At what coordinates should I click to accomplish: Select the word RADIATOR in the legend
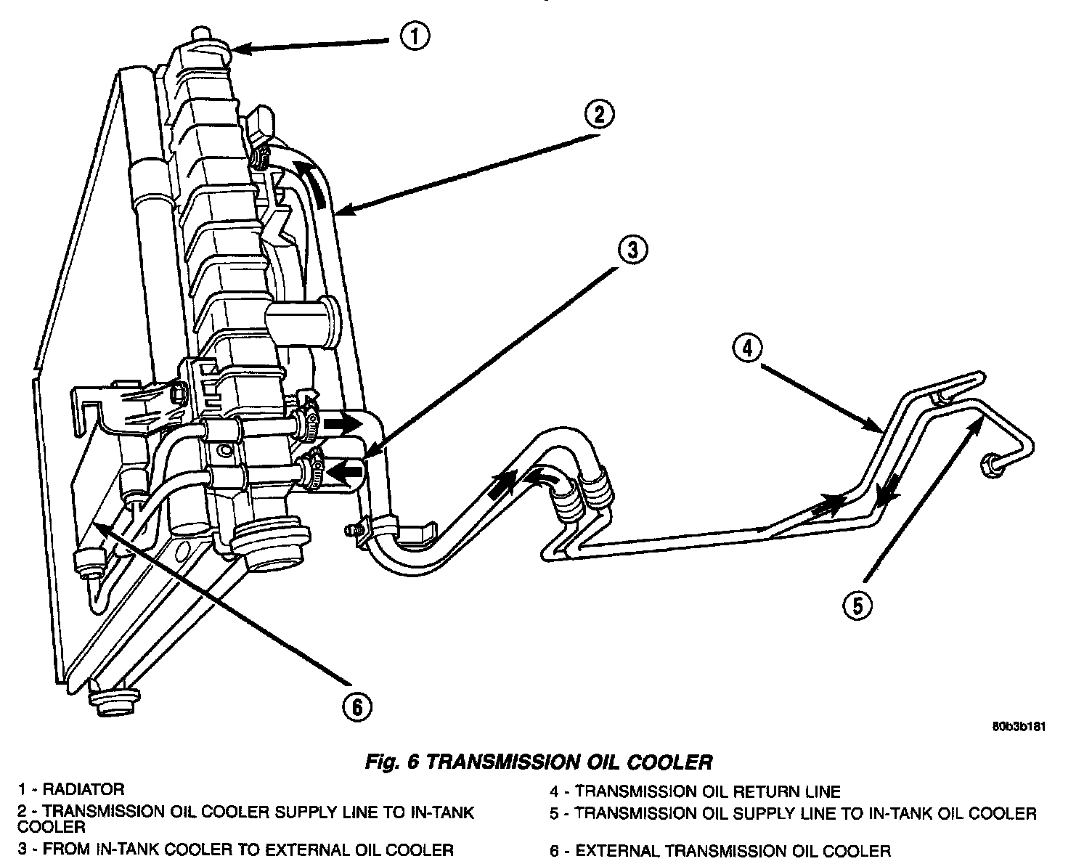[x=83, y=788]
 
